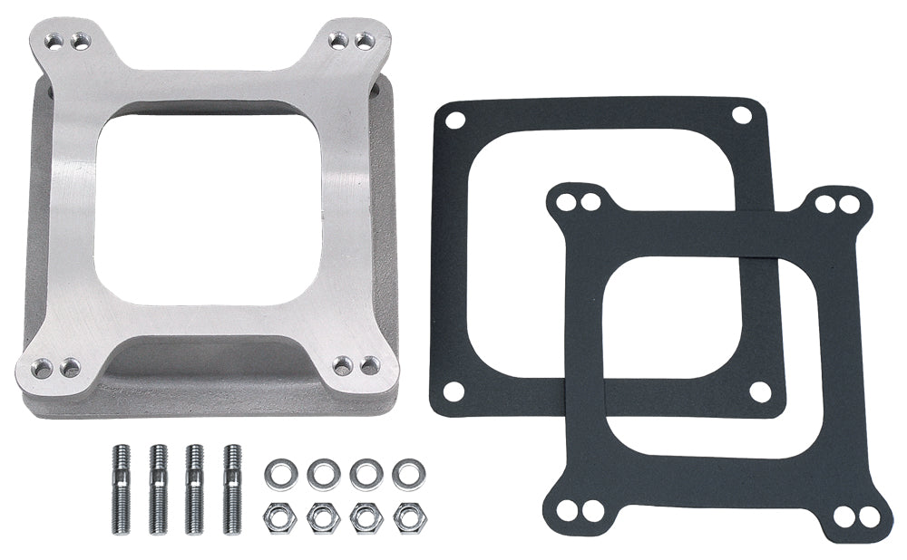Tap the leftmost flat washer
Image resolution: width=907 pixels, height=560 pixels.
tap(277, 474)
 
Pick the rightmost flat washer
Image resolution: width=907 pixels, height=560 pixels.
tap(409, 474)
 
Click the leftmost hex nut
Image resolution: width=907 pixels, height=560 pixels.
tap(277, 517)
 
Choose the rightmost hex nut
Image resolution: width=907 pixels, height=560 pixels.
tap(409, 517)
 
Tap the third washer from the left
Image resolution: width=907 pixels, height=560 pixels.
tap(366, 474)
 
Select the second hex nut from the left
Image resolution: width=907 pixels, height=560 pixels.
tap(321, 517)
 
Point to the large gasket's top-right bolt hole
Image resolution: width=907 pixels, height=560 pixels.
tap(741, 115)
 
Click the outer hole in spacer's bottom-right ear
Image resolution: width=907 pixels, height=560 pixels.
tap(369, 365)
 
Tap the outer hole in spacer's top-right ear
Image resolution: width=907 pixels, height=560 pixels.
tap(364, 41)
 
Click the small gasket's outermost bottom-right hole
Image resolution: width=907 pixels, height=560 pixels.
tap(868, 517)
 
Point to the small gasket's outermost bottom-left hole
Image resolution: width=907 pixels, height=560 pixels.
tap(567, 510)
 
